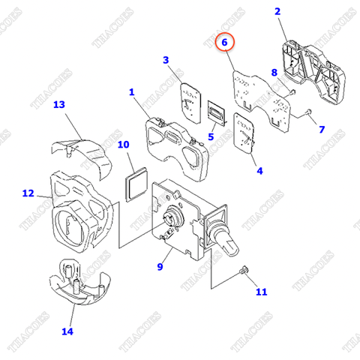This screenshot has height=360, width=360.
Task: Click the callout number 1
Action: click(x=131, y=92)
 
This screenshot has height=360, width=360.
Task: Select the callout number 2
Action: click(x=277, y=11)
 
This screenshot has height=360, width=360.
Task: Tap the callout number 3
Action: click(x=166, y=60)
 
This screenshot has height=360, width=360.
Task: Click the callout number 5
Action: click(x=211, y=136)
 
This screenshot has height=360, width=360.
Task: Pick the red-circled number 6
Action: click(x=224, y=43)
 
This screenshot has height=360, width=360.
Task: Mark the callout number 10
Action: click(x=124, y=144)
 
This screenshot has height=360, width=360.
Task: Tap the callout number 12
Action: click(x=28, y=193)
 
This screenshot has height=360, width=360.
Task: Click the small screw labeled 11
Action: click(x=244, y=271)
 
